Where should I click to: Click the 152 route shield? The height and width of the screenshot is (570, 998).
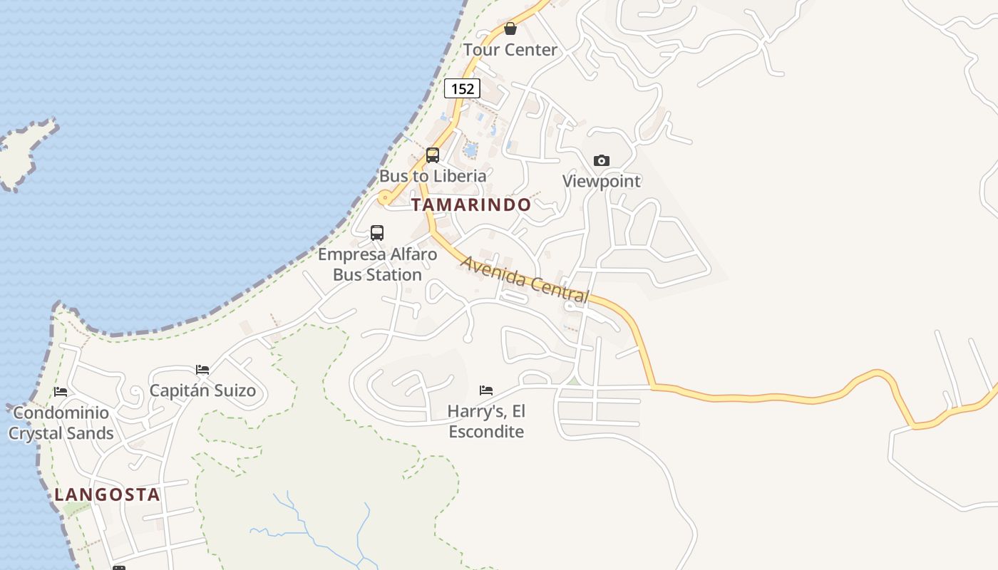[x=462, y=88]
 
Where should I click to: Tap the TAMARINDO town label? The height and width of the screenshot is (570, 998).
[x=471, y=205]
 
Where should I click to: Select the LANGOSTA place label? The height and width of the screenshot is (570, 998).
[x=107, y=494]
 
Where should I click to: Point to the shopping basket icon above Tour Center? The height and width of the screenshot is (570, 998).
[x=510, y=28]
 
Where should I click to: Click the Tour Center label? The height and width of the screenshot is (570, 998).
[x=510, y=50]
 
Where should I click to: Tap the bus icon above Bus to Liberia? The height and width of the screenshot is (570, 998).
[x=433, y=155]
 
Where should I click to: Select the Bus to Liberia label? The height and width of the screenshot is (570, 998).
[x=433, y=176]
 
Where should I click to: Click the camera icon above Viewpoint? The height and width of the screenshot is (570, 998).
[x=602, y=160]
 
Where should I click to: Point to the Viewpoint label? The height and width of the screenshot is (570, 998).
[x=602, y=181]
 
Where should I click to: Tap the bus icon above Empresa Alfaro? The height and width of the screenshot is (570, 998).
[x=377, y=233]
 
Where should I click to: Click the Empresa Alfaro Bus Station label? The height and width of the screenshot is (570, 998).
[x=377, y=264]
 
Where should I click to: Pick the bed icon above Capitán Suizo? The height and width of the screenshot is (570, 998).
[x=202, y=370]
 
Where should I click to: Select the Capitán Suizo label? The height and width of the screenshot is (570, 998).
[x=202, y=391]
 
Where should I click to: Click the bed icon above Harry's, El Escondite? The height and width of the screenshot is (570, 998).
[x=486, y=390]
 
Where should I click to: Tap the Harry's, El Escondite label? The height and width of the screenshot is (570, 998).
[x=486, y=421]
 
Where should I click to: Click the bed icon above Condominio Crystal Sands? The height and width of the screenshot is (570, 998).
[x=61, y=392]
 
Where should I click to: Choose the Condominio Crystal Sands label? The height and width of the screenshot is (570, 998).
[x=61, y=423]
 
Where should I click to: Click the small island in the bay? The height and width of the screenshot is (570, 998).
[x=21, y=153]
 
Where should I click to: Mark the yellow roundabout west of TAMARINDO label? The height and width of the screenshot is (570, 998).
[x=385, y=199]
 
